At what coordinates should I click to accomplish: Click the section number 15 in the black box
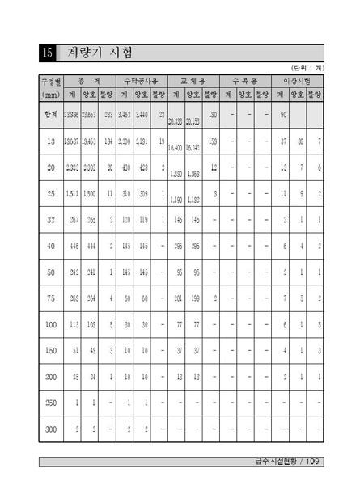click(47, 53)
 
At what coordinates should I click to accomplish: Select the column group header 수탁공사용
click(142, 82)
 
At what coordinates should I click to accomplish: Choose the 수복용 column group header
click(244, 82)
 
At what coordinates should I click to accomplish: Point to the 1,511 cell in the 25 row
click(70, 194)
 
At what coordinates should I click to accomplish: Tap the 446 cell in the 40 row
click(72, 247)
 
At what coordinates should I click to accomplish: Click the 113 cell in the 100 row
click(72, 324)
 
